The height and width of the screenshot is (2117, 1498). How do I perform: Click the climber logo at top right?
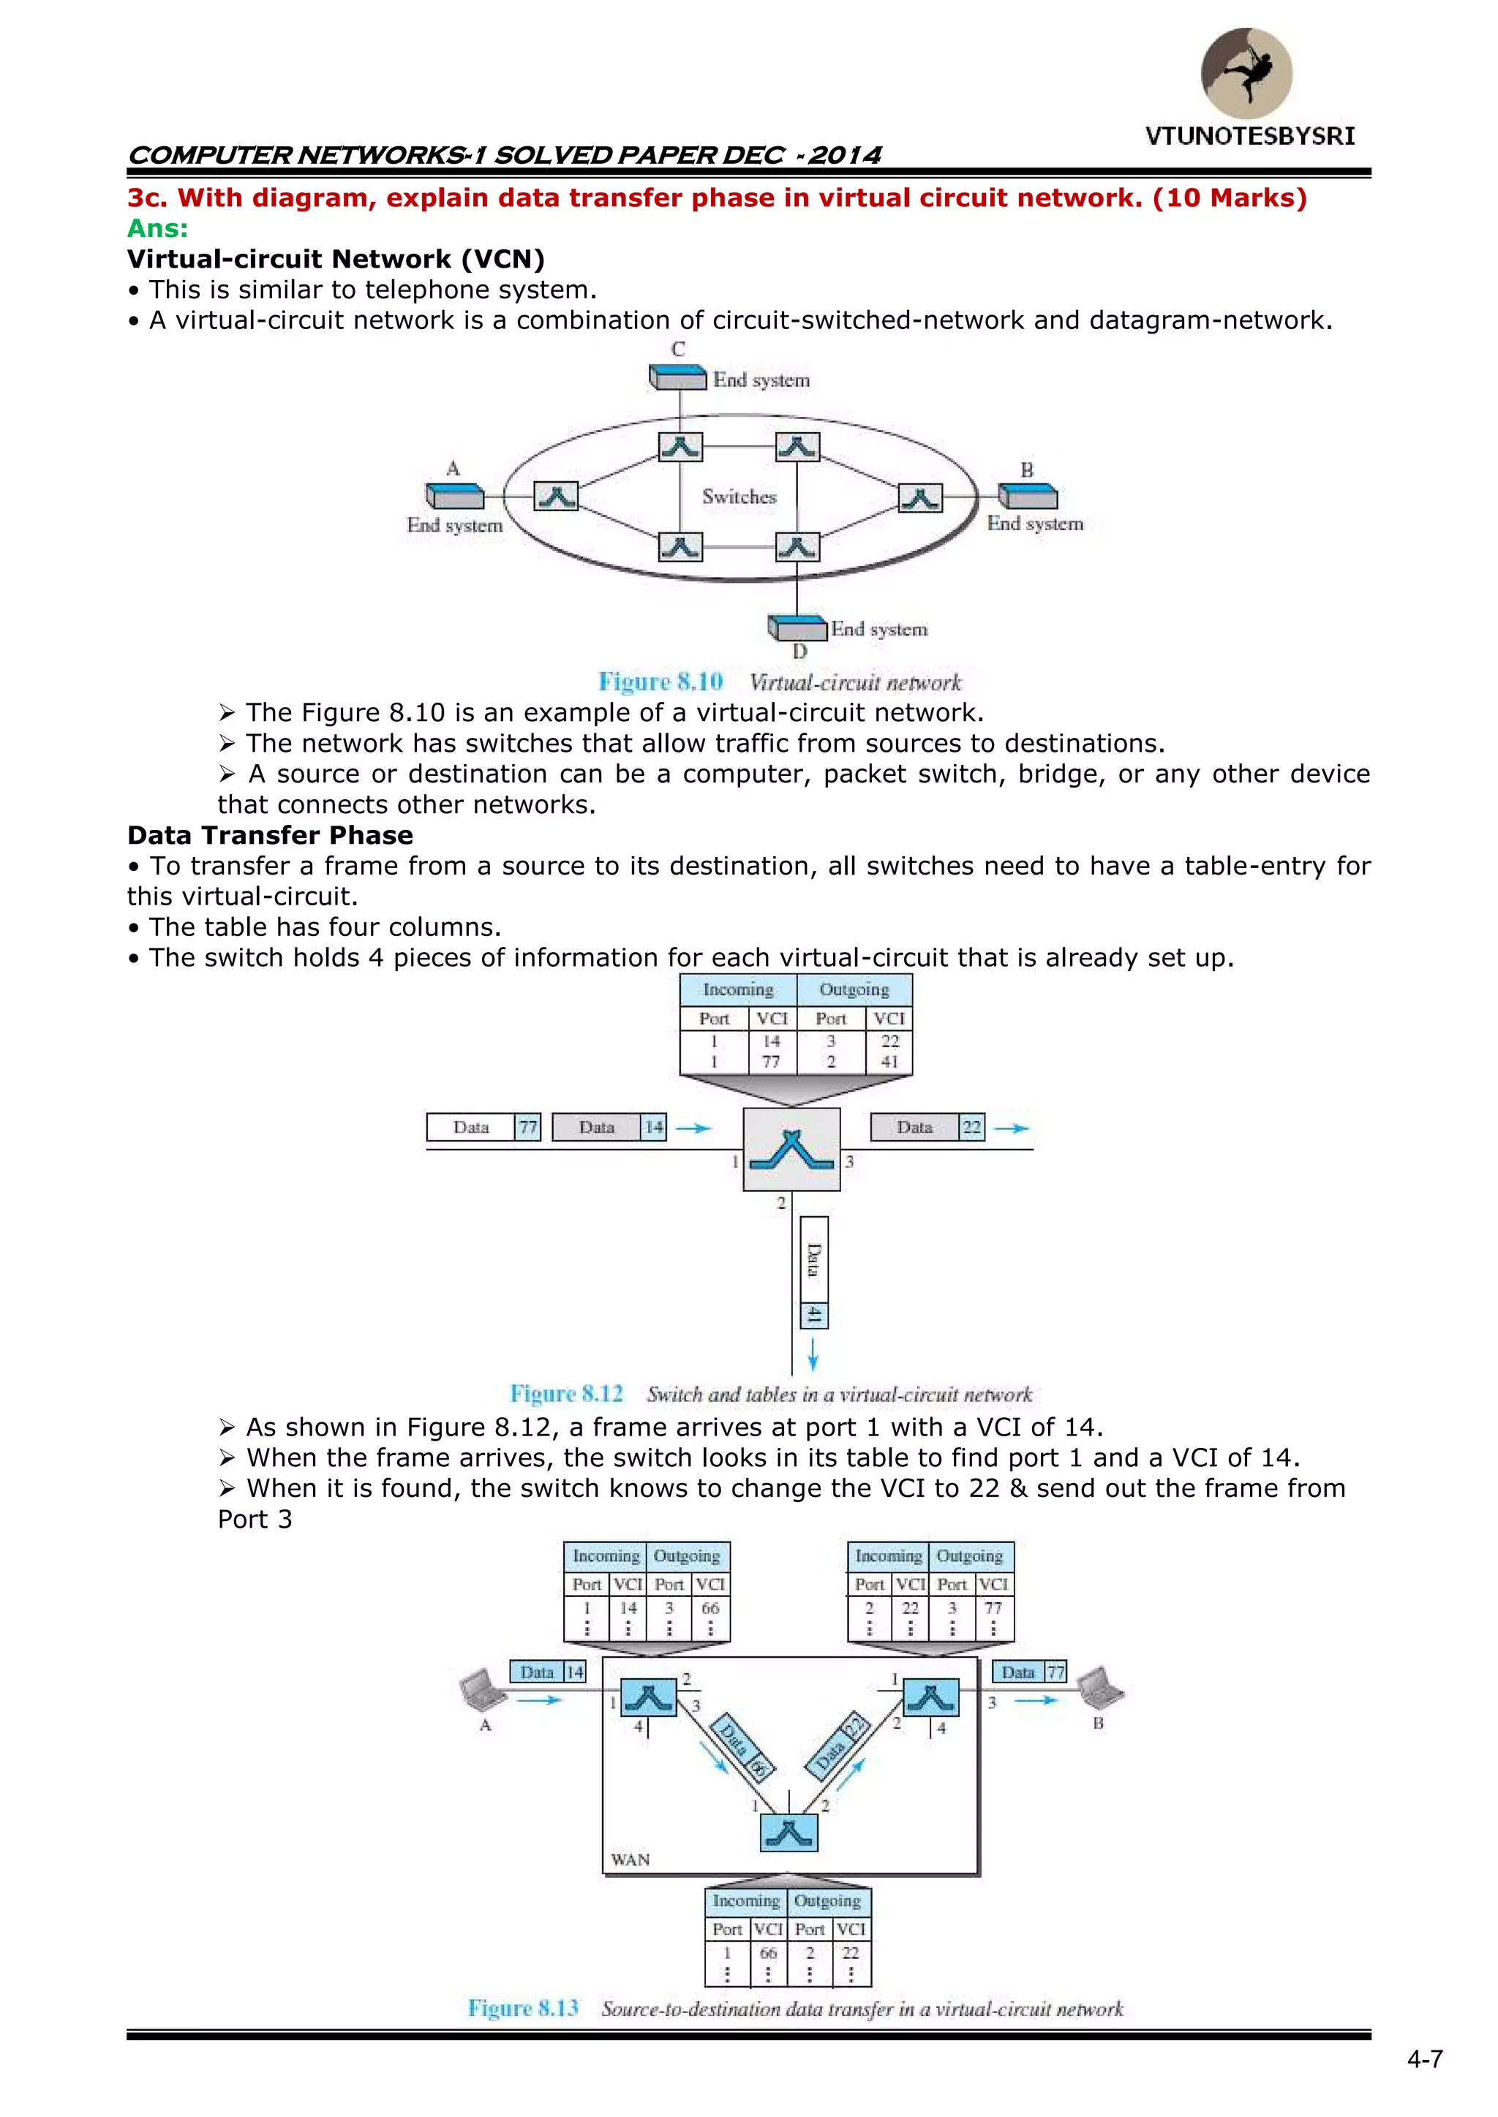click(x=1246, y=73)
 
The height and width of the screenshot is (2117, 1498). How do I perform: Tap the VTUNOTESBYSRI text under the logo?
click(x=1250, y=137)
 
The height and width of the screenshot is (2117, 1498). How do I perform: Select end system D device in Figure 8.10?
click(x=798, y=629)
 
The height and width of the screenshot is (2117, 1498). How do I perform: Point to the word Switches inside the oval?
click(x=739, y=497)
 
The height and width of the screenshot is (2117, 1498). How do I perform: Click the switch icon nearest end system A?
click(x=556, y=496)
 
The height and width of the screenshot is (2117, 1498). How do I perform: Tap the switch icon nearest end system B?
click(x=919, y=498)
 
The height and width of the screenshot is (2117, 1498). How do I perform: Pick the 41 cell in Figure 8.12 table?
click(x=889, y=1061)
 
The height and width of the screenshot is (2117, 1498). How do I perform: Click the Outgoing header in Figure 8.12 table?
click(x=854, y=989)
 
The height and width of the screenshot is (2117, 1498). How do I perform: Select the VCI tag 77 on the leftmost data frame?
click(x=527, y=1127)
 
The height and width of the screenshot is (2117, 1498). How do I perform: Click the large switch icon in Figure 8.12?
click(x=791, y=1149)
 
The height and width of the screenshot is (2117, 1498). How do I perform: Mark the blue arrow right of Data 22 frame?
click(x=1011, y=1128)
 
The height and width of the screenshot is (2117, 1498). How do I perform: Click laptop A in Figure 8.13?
click(x=481, y=1688)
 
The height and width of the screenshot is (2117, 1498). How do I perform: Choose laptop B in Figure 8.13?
click(x=1099, y=1686)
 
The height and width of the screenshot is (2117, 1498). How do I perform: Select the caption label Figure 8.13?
click(x=523, y=2008)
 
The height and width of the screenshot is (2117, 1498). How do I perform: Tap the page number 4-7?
click(x=1424, y=2059)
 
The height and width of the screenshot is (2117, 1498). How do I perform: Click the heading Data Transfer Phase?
click(x=270, y=835)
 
